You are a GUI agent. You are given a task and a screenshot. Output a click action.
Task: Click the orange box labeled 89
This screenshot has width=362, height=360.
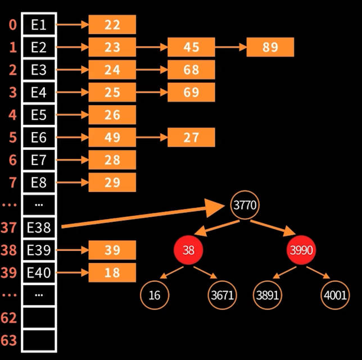coord(270,47)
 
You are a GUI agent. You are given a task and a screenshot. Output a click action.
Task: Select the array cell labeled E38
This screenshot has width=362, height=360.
coord(39,227)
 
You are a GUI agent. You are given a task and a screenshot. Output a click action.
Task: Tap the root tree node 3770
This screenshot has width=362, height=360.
coord(245,206)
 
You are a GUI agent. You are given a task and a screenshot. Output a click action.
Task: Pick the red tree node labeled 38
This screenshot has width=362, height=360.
coord(188,250)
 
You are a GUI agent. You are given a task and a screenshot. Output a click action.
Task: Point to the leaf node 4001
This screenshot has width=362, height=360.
coord(334,295)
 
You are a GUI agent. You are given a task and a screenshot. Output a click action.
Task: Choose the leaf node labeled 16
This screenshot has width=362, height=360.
coord(155,295)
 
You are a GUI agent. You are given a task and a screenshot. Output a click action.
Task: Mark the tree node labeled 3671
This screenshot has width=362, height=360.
coord(222,295)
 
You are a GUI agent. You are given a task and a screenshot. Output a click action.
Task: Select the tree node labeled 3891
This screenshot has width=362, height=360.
coord(268,295)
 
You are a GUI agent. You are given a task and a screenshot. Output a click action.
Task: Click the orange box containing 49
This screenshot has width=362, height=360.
coord(112,137)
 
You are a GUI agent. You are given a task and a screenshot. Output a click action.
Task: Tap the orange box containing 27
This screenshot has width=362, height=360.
coord(191,137)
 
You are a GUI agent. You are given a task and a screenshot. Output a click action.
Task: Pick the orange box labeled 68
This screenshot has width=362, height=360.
coord(191,70)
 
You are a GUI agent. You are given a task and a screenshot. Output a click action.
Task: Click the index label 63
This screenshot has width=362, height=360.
coord(8,341)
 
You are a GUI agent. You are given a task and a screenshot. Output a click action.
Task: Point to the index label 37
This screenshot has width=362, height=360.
coord(8,227)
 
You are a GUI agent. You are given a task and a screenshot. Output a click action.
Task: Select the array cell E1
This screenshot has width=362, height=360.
coord(39,25)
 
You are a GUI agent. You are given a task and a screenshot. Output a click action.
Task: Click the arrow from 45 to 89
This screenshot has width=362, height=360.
coord(230,47)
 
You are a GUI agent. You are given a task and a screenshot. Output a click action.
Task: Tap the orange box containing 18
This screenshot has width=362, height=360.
coord(112,272)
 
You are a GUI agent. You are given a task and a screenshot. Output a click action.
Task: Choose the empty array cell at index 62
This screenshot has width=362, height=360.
coord(39,318)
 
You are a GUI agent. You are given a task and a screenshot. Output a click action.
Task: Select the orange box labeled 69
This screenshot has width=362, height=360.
coord(191,92)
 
